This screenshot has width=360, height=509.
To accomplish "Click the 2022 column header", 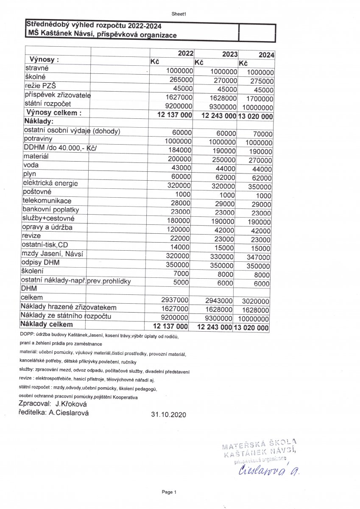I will tap(186, 53).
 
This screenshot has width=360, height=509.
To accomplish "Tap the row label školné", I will tap(35, 77).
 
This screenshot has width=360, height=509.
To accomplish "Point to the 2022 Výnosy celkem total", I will tap(175, 115).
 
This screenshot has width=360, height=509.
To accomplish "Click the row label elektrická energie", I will tap(50, 184).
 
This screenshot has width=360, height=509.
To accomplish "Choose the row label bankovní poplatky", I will tap(51, 210).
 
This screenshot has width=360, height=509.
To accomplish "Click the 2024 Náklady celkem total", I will tap(251, 327).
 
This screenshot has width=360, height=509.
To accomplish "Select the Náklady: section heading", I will tap(41, 121).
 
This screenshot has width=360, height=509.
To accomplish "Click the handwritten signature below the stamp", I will tap(265, 470).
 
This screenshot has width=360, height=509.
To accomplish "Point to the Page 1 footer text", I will tap(168, 492).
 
